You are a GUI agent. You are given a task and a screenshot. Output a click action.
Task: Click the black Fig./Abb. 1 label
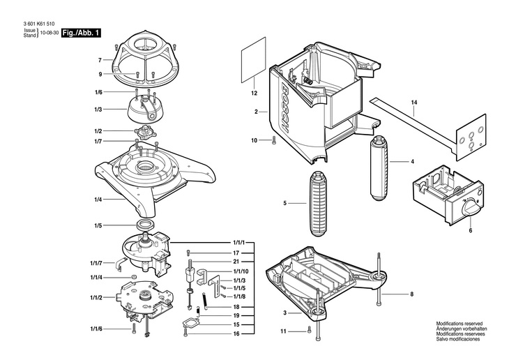[82, 33]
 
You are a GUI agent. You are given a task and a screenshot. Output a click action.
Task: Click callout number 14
[413, 104]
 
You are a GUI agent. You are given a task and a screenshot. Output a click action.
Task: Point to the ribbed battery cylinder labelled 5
[317, 203]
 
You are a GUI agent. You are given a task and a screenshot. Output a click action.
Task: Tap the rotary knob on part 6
[470, 207]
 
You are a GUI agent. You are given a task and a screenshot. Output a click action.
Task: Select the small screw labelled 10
[274, 141]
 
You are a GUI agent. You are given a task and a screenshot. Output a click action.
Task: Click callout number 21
[236, 262]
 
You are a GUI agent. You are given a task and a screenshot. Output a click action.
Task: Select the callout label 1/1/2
[96, 298]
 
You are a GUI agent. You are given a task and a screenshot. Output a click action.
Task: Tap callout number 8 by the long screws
[411, 294]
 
